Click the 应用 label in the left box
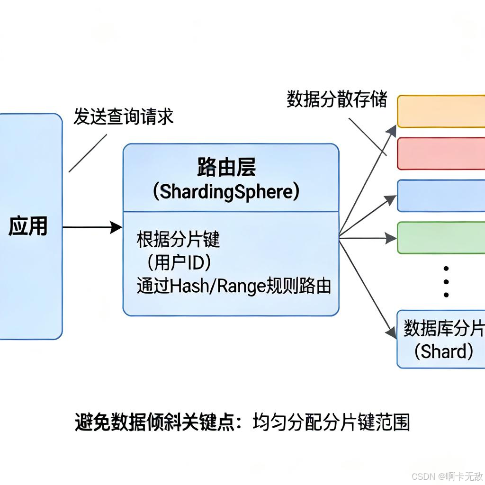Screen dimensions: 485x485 click(28, 227)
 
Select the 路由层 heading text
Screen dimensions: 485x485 click(226, 167)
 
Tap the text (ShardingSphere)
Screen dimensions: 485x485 click(226, 192)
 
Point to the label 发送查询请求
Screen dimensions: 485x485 click(123, 117)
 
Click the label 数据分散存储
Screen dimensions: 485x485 click(337, 100)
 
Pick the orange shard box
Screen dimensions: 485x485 click(440, 111)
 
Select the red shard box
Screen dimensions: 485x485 click(440, 153)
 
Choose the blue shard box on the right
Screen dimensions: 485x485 click(440, 196)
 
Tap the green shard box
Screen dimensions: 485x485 click(440, 238)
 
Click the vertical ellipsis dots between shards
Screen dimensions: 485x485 click(446, 281)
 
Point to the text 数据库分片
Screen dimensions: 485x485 click(443, 328)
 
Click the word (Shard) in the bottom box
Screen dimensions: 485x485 click(443, 351)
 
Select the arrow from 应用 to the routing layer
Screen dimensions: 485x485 click(92, 227)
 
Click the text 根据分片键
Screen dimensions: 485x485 click(179, 240)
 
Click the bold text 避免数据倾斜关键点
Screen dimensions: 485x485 click(154, 422)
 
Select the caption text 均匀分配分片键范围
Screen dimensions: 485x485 click(331, 422)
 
